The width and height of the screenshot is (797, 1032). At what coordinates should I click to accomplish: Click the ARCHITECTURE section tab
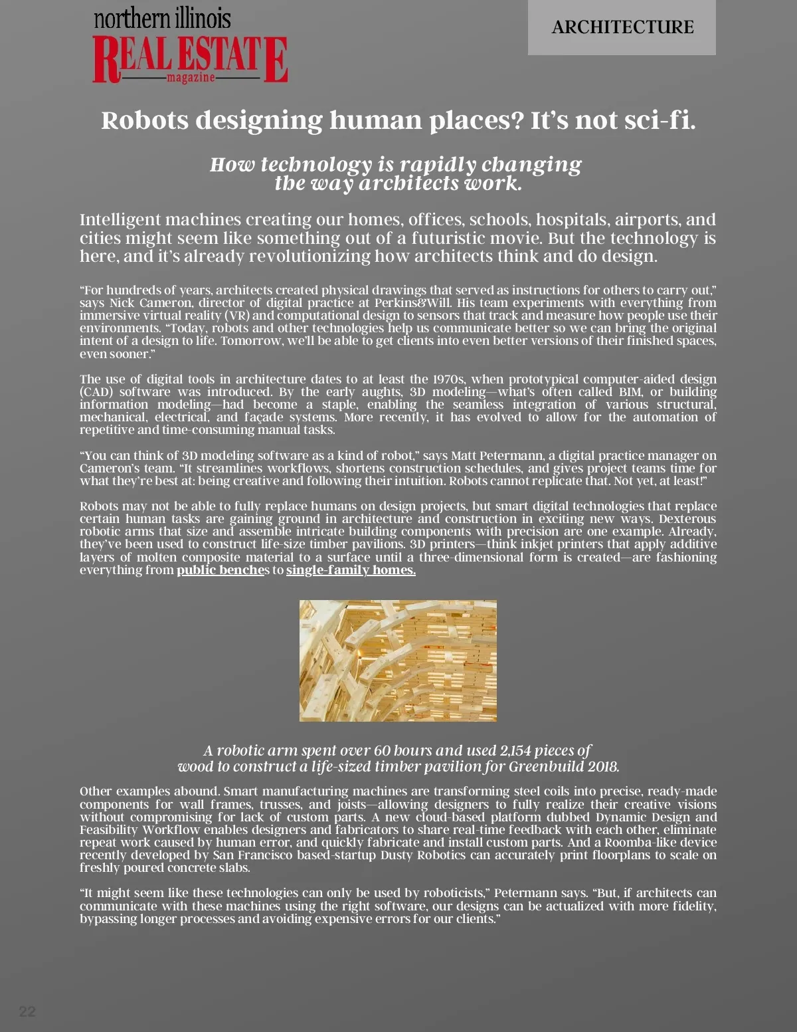[622, 27]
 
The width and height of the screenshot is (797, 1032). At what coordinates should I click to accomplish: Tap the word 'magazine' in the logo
[191, 78]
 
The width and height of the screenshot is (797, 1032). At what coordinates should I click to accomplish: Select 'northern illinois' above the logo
[162, 19]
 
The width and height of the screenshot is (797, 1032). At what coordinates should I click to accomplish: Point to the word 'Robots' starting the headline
[145, 120]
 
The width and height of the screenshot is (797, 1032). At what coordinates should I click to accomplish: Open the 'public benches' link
[221, 570]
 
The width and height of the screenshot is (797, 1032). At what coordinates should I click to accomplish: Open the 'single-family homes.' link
[351, 570]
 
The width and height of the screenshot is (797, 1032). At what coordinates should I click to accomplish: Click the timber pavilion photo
[398, 661]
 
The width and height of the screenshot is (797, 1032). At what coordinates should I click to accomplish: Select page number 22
[27, 1011]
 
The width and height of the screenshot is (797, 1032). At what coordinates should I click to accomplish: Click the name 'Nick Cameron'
[151, 303]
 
